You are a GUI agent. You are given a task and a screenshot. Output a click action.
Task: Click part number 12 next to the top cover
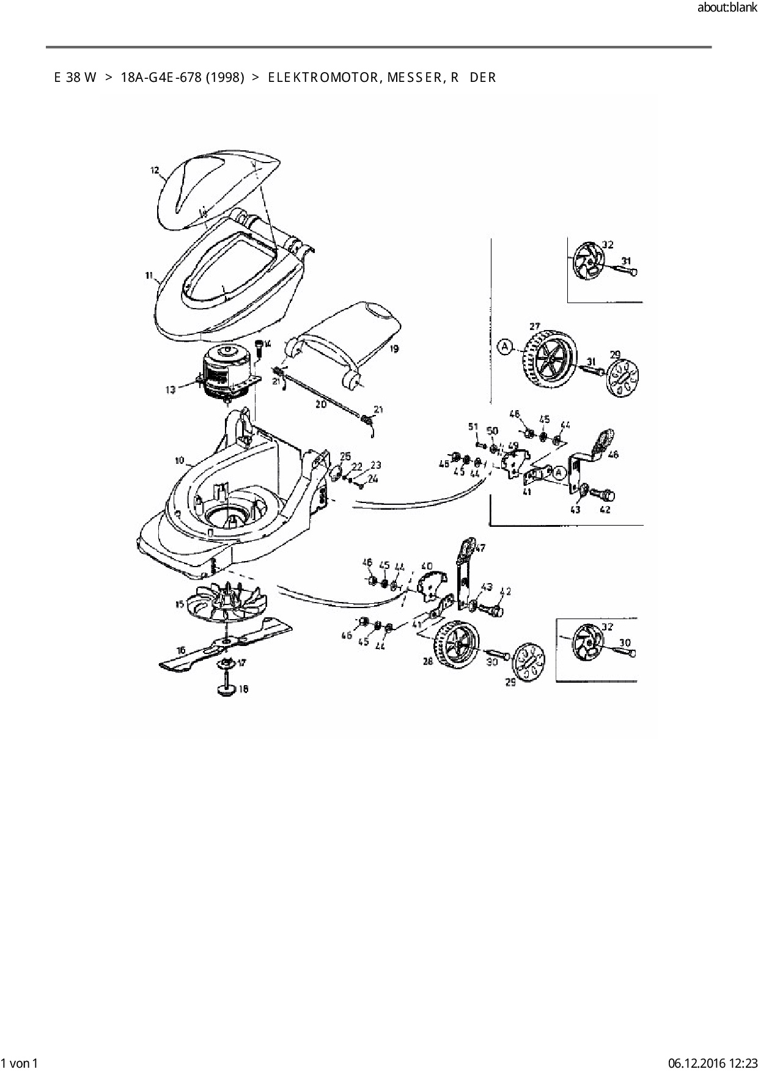coord(155,170)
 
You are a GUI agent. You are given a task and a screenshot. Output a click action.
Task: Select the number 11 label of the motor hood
coord(149,276)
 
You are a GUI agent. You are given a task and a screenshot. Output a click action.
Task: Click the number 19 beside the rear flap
coord(394,349)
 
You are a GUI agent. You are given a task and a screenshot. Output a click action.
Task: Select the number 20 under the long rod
coord(321,405)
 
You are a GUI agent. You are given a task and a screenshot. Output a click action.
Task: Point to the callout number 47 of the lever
coord(480,548)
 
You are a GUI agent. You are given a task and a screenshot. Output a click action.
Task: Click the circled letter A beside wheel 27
coord(505,347)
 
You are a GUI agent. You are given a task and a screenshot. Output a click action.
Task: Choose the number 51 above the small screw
coord(473,426)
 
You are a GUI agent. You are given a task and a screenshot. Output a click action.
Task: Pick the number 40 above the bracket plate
coord(427,567)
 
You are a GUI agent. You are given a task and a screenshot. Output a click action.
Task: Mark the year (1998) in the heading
coord(225,78)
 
